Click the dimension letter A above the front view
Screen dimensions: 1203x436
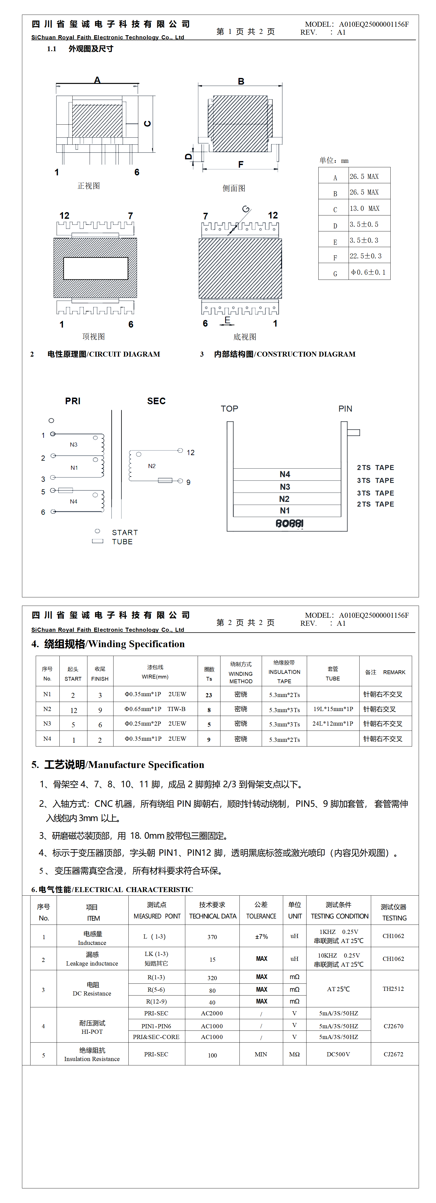97,80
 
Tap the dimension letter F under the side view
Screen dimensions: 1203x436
241,164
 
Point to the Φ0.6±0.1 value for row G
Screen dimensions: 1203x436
368,272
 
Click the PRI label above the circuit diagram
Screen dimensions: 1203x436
73,401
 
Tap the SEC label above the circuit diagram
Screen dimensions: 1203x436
156,401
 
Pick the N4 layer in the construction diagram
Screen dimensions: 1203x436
285,474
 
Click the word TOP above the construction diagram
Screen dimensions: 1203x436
229,409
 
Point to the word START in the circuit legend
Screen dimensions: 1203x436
125,532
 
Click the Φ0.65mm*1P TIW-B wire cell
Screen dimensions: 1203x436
155,709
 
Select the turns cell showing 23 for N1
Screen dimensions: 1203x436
209,695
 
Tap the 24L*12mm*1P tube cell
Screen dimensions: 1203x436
333,723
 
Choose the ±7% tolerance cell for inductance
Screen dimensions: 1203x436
261,936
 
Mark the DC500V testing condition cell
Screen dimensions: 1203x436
338,1054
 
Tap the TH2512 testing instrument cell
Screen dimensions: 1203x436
393,989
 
